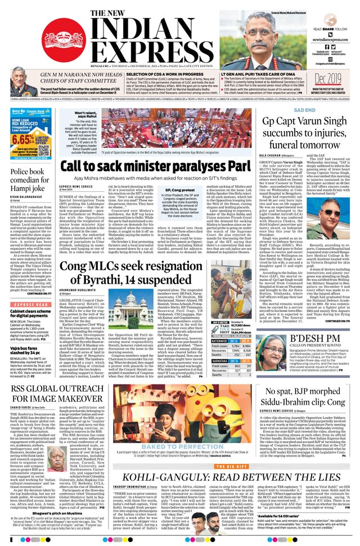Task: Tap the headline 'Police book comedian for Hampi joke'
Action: (x=29, y=179)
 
